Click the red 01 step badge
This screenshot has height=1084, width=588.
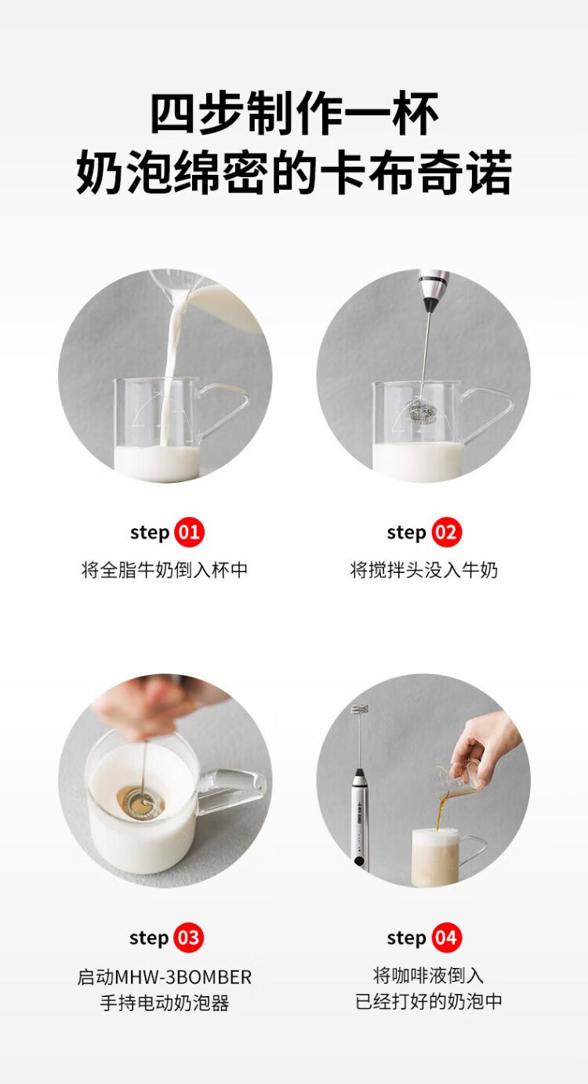(x=189, y=532)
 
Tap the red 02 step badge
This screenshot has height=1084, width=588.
(x=447, y=532)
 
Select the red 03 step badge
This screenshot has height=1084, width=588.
(x=188, y=938)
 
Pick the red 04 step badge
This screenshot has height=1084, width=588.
(x=447, y=938)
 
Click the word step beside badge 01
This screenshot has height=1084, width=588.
(x=150, y=533)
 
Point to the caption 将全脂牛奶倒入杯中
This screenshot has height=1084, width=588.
(x=165, y=570)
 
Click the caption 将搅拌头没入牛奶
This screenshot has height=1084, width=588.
(x=423, y=570)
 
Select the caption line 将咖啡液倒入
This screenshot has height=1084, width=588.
(x=428, y=975)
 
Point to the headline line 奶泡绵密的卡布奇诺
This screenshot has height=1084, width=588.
(x=294, y=172)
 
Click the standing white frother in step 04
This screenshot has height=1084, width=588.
(x=358, y=789)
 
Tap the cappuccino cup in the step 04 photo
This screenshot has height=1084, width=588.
(x=443, y=857)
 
